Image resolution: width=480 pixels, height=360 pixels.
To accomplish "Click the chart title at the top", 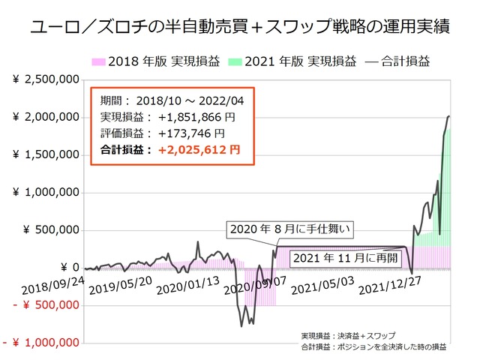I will click(x=240, y=28).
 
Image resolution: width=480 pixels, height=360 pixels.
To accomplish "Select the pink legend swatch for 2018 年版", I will click(x=99, y=61).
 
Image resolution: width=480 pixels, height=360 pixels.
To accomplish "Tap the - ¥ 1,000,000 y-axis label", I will click(x=41, y=342).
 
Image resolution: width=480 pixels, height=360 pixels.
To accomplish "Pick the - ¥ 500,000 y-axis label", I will click(x=44, y=304).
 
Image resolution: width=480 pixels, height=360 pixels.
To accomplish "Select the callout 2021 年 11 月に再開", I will click(x=342, y=258).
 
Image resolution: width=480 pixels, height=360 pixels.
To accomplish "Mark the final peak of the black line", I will click(x=449, y=116).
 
